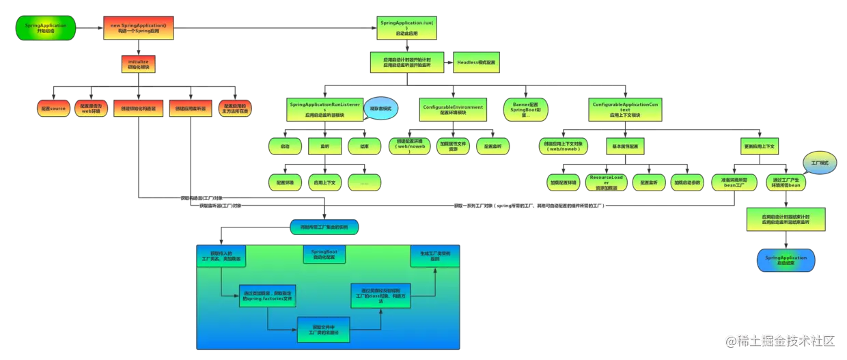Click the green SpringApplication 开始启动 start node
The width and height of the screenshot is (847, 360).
coord(45,28)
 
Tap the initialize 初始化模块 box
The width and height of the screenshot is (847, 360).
coord(139,64)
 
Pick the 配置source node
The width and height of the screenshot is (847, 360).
coord(52,108)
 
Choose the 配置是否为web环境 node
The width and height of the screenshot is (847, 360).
coord(91,108)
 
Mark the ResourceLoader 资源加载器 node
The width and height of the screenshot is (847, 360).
coord(606,182)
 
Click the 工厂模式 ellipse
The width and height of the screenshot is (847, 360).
coord(820,164)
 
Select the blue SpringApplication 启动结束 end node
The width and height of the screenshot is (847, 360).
coord(786,260)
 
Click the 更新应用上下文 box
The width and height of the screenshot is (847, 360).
coord(761,146)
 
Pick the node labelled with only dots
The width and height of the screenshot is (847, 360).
coord(365,182)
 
